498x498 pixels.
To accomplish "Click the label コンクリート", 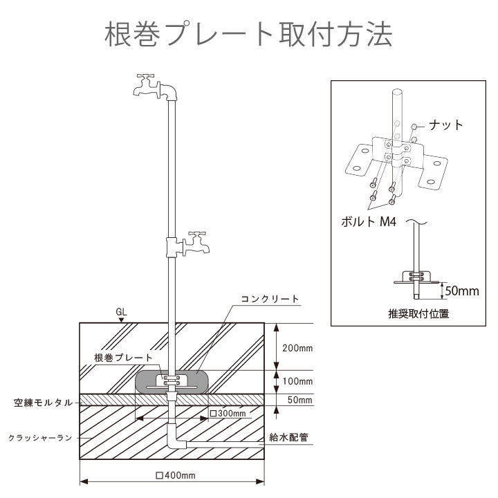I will [x=270, y=299].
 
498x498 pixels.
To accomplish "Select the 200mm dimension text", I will [x=297, y=347].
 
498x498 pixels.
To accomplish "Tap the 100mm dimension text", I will [x=297, y=382].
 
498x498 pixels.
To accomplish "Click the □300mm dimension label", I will [x=228, y=413].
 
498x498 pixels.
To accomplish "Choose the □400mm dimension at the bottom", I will [x=176, y=476].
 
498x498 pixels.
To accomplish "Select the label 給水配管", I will [x=289, y=438].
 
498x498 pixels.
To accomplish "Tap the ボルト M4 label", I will [x=368, y=223].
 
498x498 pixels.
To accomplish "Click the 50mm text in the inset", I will [x=461, y=290].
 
